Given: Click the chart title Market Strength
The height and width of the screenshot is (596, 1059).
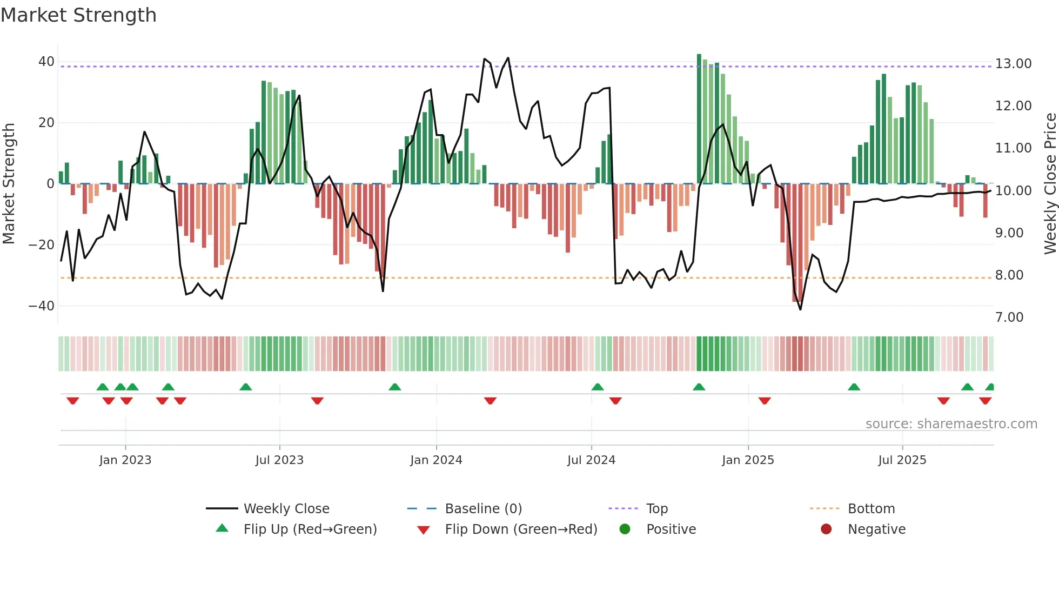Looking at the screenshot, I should [x=78, y=15].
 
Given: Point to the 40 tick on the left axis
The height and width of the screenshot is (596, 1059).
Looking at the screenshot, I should [x=46, y=62].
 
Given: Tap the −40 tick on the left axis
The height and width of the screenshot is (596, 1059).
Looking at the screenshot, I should [x=42, y=306].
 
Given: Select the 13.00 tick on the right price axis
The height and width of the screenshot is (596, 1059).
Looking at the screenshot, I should [x=1013, y=64].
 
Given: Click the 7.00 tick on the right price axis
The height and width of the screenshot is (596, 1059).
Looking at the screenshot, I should [x=1009, y=317].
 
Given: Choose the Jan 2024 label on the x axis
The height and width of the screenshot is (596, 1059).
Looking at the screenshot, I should [x=436, y=460].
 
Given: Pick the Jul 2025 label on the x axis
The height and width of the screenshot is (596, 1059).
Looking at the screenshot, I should [x=902, y=460].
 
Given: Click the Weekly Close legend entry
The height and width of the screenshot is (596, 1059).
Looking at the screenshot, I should [x=286, y=509].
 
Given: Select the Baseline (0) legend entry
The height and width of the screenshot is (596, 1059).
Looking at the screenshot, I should [x=483, y=509].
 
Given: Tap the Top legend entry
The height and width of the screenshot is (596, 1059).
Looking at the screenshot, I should [x=656, y=509].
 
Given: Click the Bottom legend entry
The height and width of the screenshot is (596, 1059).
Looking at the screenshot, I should [x=871, y=509].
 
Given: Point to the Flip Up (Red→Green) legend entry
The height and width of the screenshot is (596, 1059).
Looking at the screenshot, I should [x=310, y=529].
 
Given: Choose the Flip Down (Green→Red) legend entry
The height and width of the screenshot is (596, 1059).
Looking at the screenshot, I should [x=521, y=529].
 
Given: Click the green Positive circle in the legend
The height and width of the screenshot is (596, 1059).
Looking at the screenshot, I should [x=625, y=529].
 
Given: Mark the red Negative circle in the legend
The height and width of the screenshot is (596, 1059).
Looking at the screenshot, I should [x=826, y=529].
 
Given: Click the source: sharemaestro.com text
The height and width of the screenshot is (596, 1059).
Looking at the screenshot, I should [x=951, y=424].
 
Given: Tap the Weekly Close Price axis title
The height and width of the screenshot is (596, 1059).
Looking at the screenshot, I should [x=1050, y=184].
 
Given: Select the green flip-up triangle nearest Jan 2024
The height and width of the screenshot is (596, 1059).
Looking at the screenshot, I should [x=395, y=387].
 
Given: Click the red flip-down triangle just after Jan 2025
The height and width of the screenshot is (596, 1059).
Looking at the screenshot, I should [x=764, y=401].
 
